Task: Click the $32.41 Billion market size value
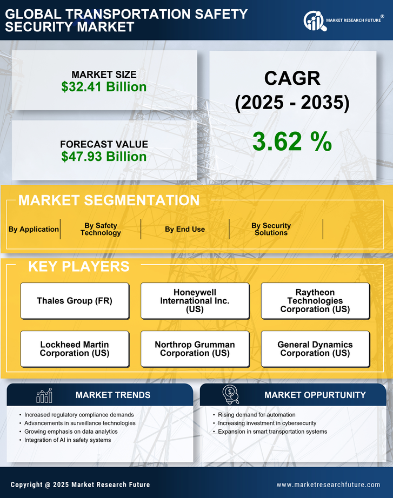click(x=104, y=87)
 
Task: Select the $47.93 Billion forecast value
click(x=104, y=157)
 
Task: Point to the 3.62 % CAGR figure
click(x=292, y=142)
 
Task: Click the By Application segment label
click(x=34, y=229)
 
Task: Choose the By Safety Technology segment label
click(x=101, y=229)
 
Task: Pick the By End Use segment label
click(x=185, y=229)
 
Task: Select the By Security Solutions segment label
click(x=271, y=229)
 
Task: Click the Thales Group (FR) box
click(x=75, y=301)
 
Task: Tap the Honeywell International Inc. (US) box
click(x=195, y=301)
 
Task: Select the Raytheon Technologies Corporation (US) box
click(x=315, y=301)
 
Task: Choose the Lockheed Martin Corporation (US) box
click(x=75, y=349)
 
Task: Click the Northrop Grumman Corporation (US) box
click(x=195, y=349)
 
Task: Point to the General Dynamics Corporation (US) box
click(x=315, y=349)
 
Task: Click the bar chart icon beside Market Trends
click(x=44, y=395)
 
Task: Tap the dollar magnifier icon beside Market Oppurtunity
click(x=230, y=395)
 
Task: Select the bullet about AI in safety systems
click(x=68, y=440)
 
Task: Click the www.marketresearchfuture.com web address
click(x=328, y=484)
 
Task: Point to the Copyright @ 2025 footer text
click(x=80, y=484)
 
